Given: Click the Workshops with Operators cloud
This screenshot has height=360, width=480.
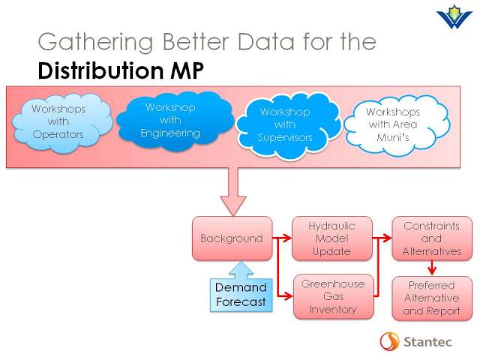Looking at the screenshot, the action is (61, 123).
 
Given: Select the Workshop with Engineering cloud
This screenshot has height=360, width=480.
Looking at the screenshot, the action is (175, 121).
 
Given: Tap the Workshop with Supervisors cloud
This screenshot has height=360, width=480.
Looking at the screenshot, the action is (288, 125).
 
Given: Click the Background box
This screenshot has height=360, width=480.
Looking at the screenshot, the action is (232, 238).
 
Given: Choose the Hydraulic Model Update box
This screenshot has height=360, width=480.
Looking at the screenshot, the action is (332, 238).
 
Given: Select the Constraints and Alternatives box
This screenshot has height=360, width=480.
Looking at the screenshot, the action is (432, 238).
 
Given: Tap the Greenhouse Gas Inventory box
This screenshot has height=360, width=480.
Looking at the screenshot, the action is (333, 296).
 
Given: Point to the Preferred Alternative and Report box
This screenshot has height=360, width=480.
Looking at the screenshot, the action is (432, 298).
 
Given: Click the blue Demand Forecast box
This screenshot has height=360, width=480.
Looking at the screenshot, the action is (241, 295).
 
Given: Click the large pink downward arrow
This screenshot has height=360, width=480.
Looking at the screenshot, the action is (233, 192).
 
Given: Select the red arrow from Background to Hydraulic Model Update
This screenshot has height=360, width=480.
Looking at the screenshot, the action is (282, 238).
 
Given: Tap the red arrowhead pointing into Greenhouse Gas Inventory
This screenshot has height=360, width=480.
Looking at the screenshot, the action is (288, 296).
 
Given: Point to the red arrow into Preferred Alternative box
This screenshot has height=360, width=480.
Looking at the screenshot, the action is (432, 268).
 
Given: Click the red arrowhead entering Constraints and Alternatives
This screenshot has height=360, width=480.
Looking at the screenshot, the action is (387, 238).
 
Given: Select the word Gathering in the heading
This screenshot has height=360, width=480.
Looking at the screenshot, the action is (95, 42).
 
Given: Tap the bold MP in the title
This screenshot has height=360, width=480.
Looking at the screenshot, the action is (187, 70).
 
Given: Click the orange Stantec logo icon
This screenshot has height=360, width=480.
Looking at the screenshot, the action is (389, 341).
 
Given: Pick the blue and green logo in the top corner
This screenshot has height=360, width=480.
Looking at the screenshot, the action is (454, 16).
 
